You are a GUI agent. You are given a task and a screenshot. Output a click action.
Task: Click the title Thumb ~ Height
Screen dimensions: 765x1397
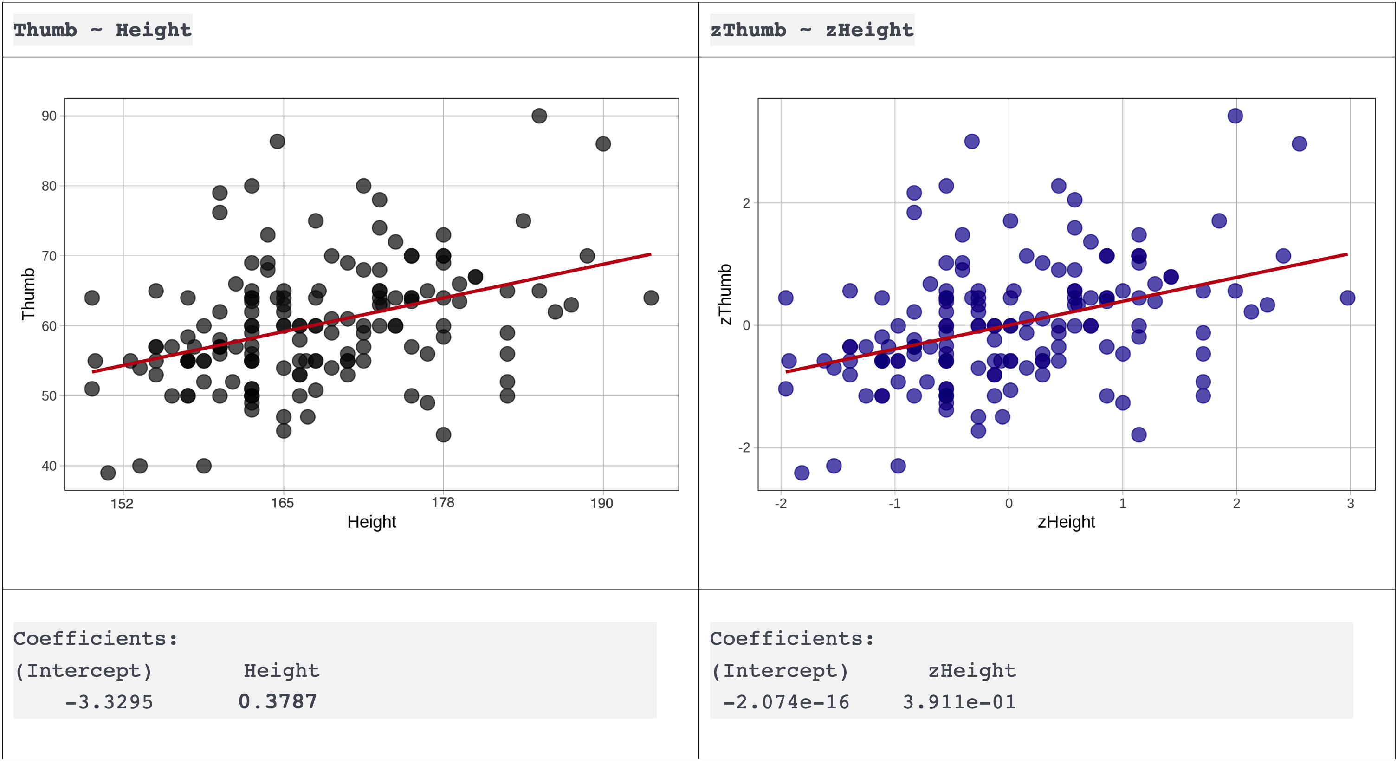pyautogui.click(x=103, y=30)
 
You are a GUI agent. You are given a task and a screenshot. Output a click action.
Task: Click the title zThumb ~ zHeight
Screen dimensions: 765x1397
pyautogui.click(x=811, y=30)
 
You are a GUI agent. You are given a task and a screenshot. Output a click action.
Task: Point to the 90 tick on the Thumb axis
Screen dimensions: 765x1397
pyautogui.click(x=49, y=116)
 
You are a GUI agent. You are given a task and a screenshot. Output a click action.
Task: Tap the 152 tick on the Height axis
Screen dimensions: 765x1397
pyautogui.click(x=122, y=504)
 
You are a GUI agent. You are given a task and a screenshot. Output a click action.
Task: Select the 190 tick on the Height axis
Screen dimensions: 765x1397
pyautogui.click(x=601, y=504)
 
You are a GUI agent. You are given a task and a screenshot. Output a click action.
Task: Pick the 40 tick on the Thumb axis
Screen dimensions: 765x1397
pyautogui.click(x=49, y=466)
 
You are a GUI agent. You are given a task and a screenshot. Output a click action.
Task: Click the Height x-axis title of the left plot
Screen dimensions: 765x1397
pyautogui.click(x=371, y=522)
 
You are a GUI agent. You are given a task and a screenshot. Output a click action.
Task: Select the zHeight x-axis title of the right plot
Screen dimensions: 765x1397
pyautogui.click(x=1066, y=522)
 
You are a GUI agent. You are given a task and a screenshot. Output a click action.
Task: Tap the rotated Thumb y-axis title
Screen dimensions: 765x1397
pyautogui.click(x=28, y=294)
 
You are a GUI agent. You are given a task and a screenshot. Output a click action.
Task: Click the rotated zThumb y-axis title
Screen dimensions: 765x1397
pyautogui.click(x=725, y=294)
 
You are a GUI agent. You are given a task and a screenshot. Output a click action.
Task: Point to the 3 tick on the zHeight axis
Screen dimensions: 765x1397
pyautogui.click(x=1350, y=504)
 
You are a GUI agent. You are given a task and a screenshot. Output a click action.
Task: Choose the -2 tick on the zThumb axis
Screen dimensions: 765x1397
pyautogui.click(x=744, y=447)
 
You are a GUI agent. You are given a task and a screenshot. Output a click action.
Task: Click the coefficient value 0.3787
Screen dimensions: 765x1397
pyautogui.click(x=278, y=701)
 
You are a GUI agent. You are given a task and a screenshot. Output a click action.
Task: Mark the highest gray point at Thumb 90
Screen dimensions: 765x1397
pyautogui.click(x=539, y=116)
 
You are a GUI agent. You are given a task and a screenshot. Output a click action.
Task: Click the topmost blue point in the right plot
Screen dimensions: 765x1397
pyautogui.click(x=1235, y=116)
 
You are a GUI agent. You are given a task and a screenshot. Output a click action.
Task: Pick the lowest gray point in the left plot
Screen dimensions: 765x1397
pyautogui.click(x=108, y=473)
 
